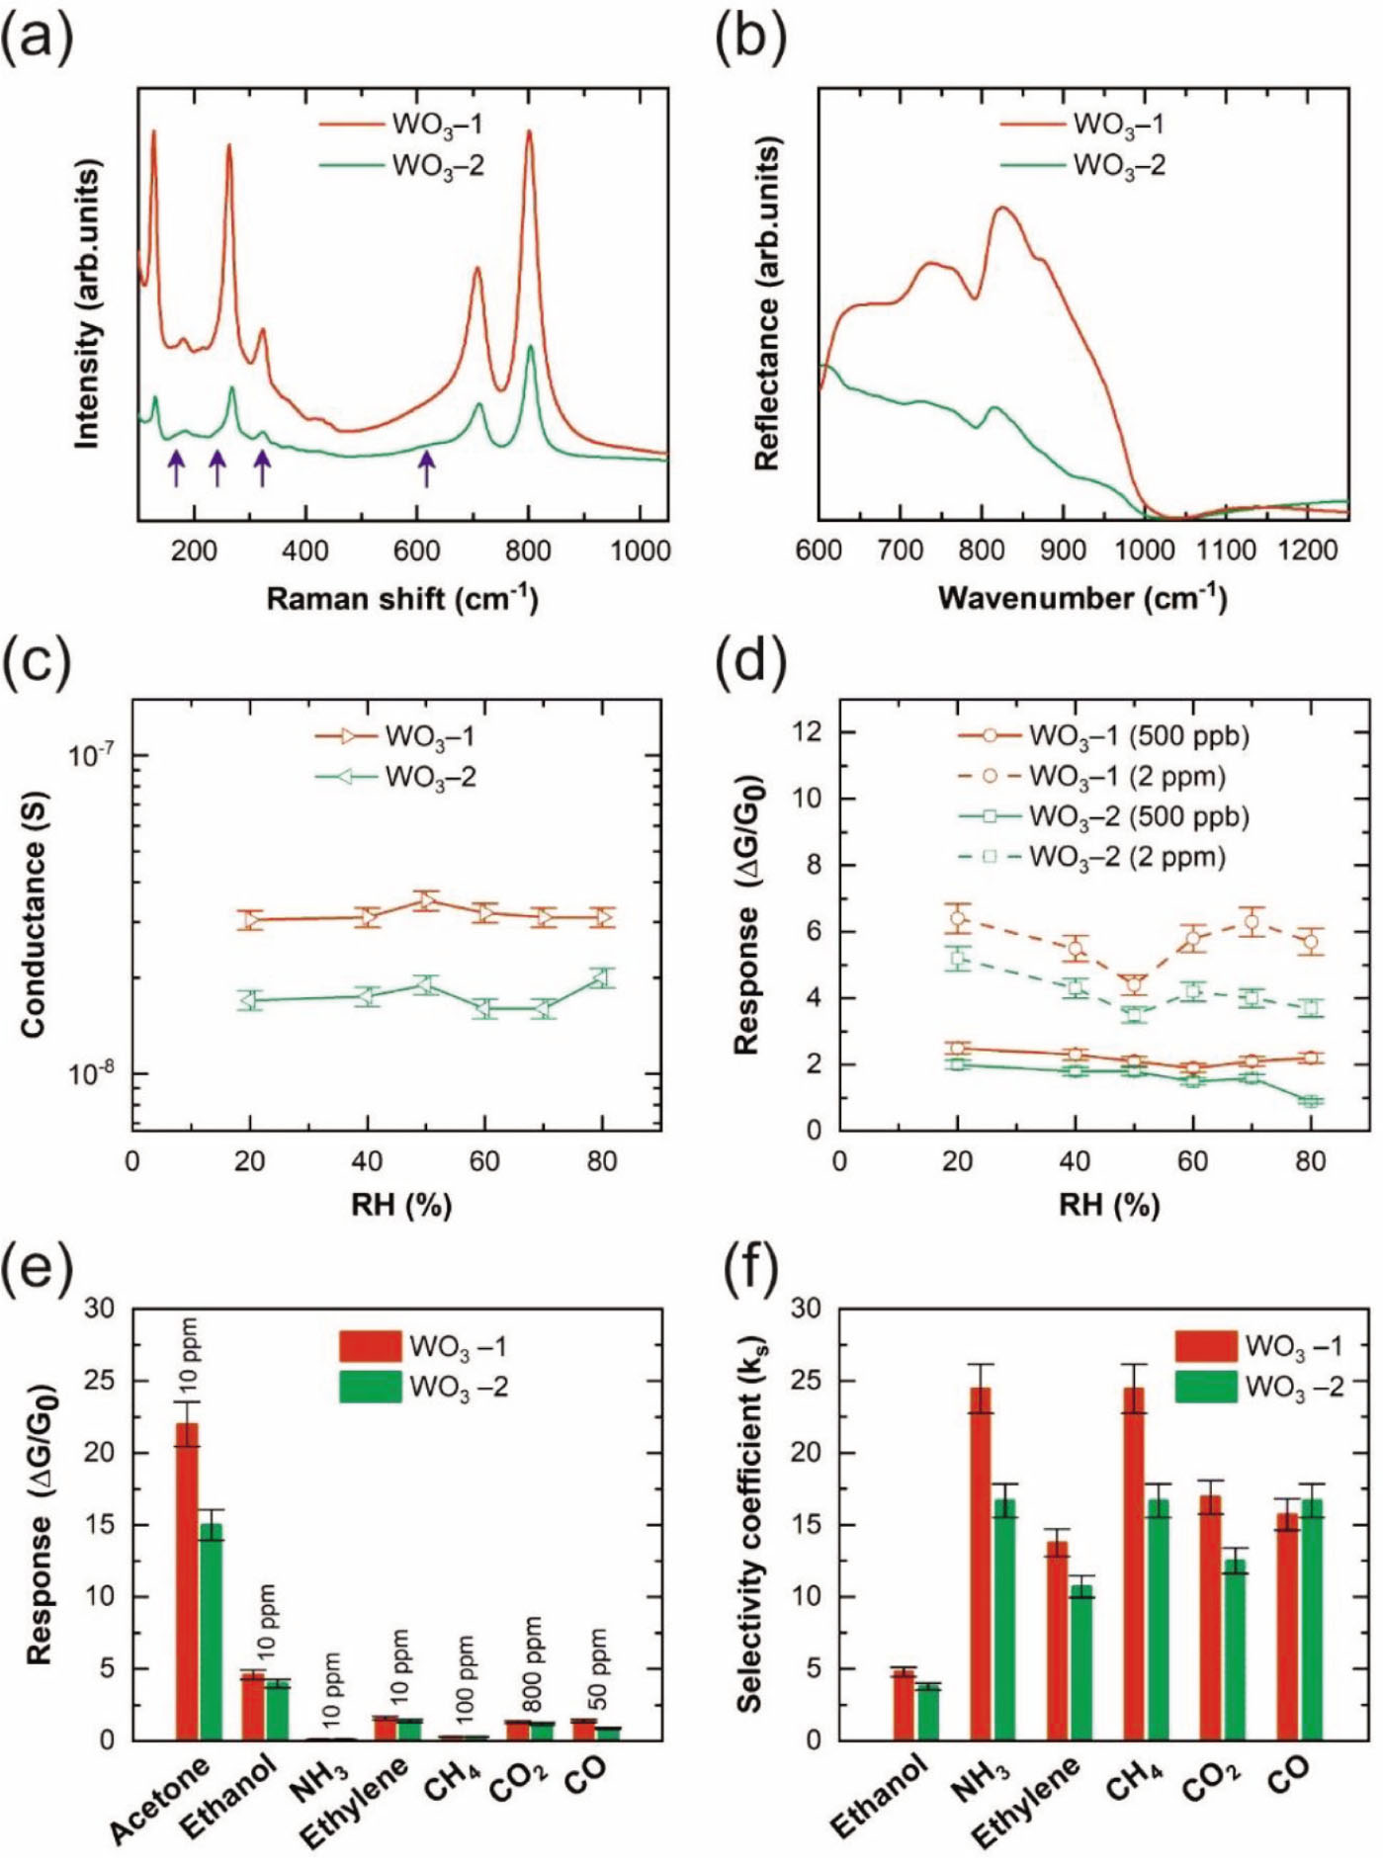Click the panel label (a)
[x=37, y=37]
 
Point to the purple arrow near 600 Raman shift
[x=426, y=467]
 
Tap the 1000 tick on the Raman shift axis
[x=640, y=550]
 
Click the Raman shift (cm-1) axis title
[x=402, y=599]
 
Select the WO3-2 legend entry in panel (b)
[x=1084, y=165]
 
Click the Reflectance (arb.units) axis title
[x=767, y=302]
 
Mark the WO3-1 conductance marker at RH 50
[x=426, y=900]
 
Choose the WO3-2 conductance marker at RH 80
[x=602, y=977]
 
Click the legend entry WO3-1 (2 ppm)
[x=1091, y=777]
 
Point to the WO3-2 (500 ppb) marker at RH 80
[x=1310, y=1101]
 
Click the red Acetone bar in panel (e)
[x=187, y=1582]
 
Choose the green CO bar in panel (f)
[x=1311, y=1621]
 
